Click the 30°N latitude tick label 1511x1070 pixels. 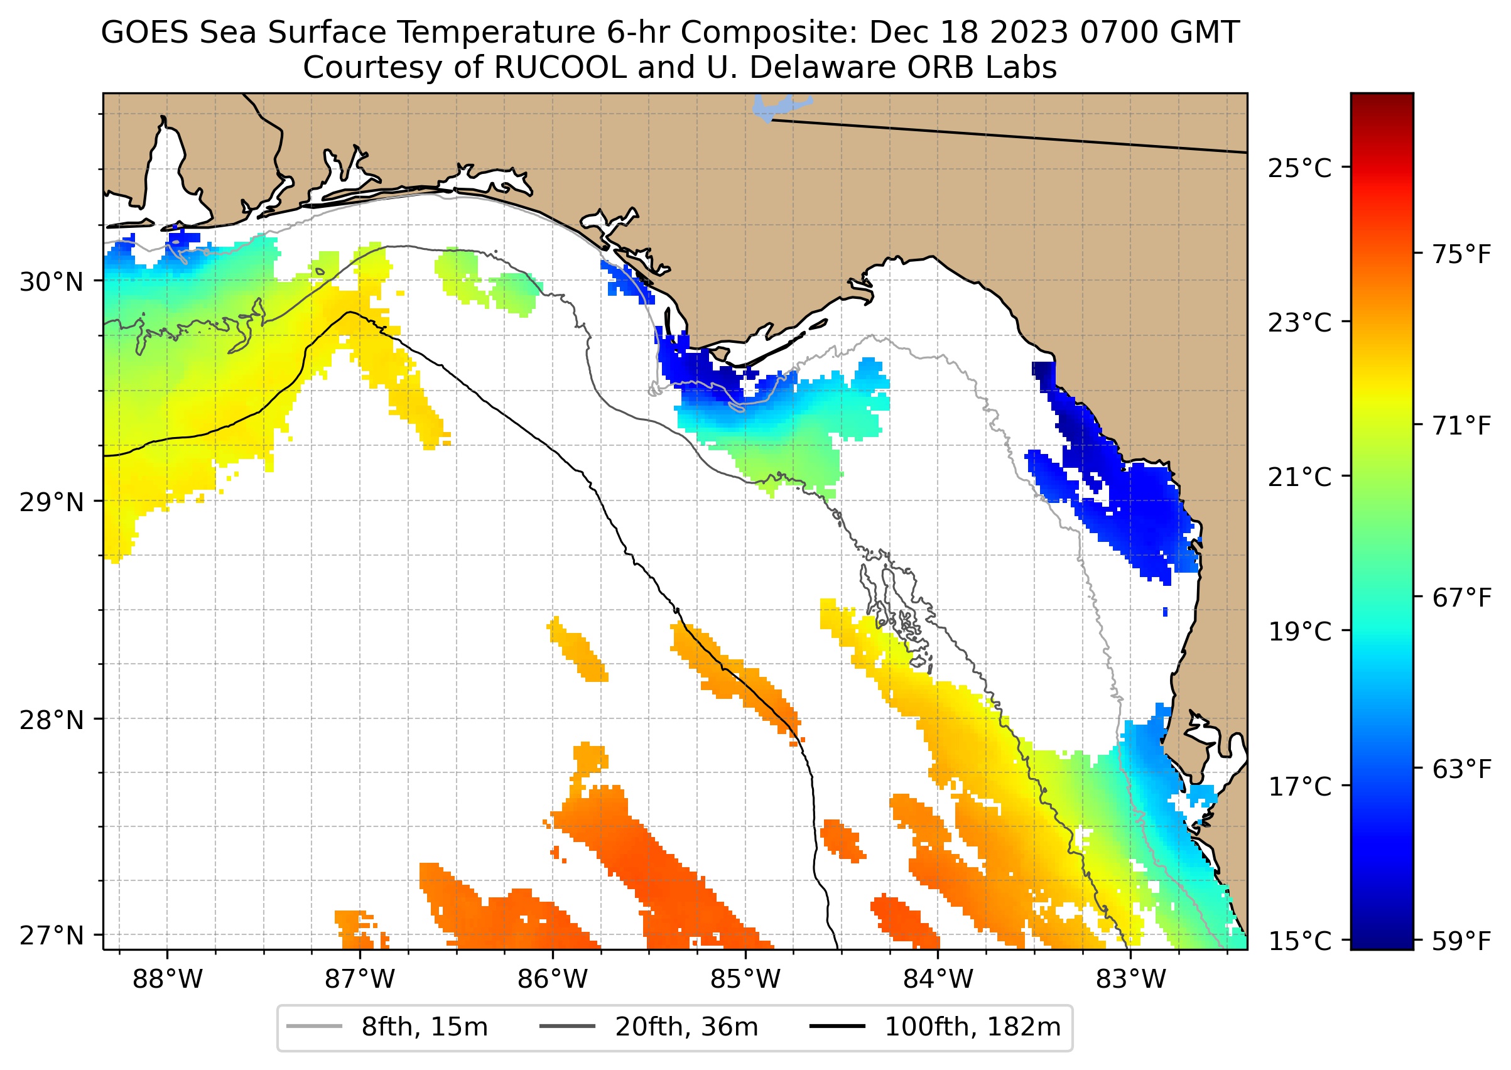tap(51, 282)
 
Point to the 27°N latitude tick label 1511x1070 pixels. tap(51, 935)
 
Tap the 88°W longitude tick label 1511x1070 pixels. tap(168, 980)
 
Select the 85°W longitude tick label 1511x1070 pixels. tap(745, 980)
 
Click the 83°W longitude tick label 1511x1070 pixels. tap(1131, 980)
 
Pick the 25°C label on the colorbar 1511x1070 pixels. tap(1299, 169)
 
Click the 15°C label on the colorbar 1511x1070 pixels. tap(1299, 941)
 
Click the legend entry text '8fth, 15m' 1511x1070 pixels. tap(425, 1027)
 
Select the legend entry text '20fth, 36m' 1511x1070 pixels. tap(686, 1027)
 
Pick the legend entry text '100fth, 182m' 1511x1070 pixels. tap(973, 1027)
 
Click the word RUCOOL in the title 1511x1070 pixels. tap(560, 67)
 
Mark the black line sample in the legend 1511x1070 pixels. tap(837, 1027)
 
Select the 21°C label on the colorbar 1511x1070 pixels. tap(1299, 477)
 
